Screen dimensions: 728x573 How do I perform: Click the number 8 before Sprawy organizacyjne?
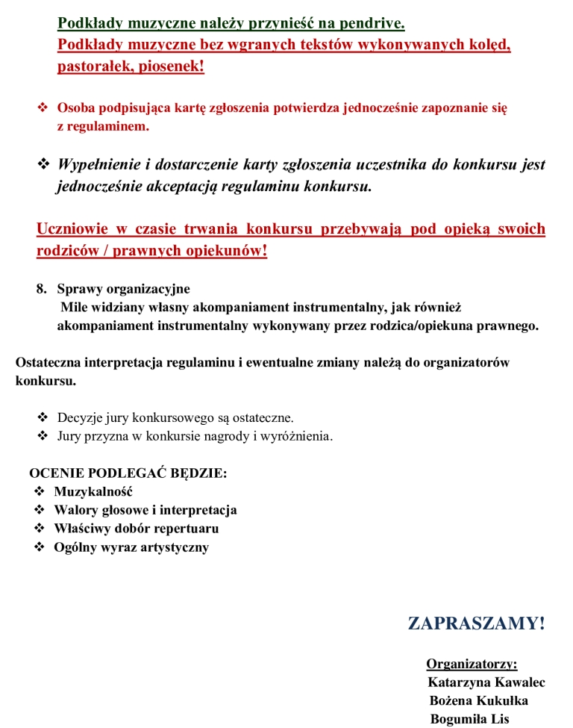point(40,289)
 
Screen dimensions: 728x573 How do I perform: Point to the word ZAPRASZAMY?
point(476,623)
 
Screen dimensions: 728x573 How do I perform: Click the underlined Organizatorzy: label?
point(472,664)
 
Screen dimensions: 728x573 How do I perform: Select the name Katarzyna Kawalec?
point(486,682)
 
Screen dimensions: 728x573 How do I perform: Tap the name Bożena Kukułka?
point(479,701)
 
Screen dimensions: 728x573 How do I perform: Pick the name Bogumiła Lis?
point(469,719)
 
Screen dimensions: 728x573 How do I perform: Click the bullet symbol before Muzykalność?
point(40,491)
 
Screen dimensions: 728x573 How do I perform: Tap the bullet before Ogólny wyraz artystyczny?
point(40,547)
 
